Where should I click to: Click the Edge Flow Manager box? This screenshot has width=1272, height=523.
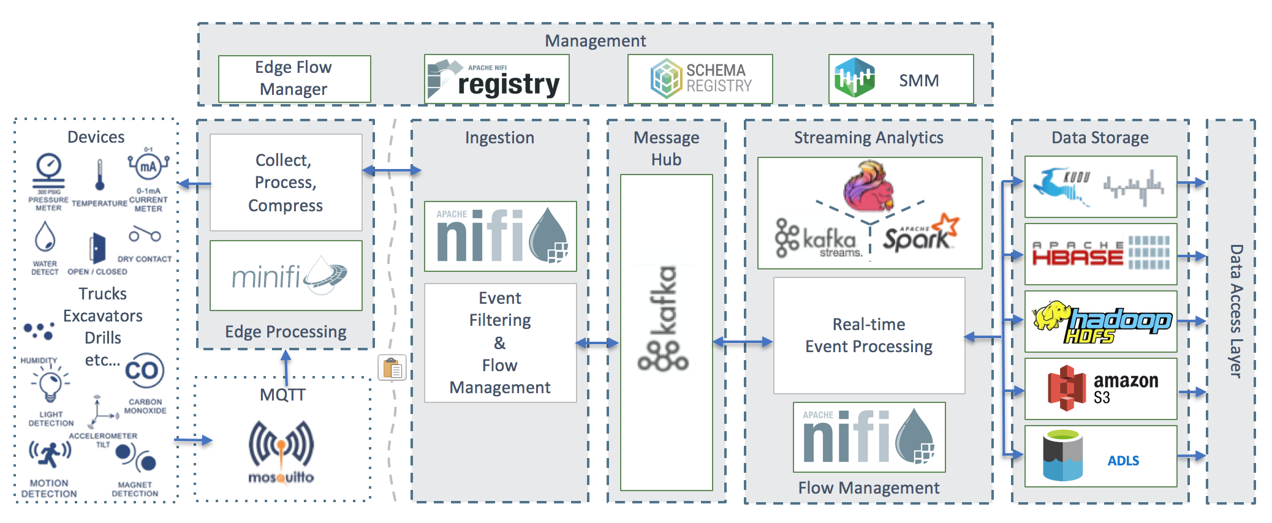point(294,78)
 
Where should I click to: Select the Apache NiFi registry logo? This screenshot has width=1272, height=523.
point(496,79)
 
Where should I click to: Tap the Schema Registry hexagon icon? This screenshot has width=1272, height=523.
point(666,78)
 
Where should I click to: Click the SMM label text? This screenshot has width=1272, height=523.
point(918,80)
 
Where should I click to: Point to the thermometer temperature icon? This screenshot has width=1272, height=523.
point(100,175)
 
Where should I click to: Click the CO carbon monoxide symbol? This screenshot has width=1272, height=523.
point(144,371)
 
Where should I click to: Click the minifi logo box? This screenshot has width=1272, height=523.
point(286,276)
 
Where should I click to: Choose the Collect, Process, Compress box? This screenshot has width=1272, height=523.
point(286,182)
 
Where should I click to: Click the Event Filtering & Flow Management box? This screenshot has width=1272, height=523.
point(500,342)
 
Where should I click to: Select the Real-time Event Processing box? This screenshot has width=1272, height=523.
point(869,336)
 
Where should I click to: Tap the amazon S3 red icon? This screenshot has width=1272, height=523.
point(1066,388)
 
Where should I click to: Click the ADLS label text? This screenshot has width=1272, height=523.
point(1123,461)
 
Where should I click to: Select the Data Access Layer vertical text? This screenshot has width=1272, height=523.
point(1235,311)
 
